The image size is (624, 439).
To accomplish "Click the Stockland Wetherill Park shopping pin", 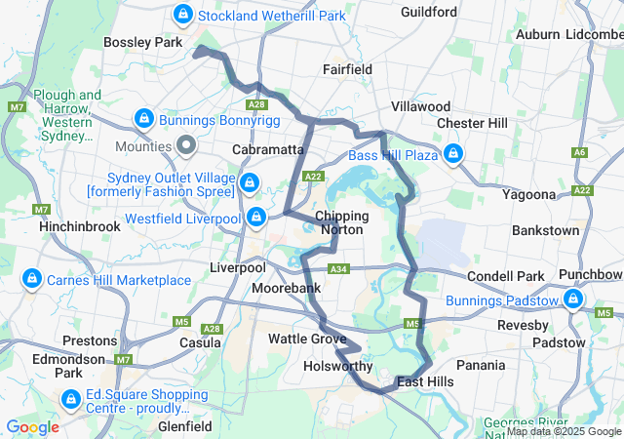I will [182, 14].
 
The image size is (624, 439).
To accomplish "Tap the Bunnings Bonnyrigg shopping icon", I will [143, 119].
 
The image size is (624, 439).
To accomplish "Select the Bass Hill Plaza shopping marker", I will [453, 154].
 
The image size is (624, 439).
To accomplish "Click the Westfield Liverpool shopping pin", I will [255, 216].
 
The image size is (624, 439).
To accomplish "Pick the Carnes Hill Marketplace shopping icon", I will [31, 279].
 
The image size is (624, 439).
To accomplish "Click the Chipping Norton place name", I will [340, 222].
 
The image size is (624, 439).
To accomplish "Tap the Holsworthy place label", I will [337, 367].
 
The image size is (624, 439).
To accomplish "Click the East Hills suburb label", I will [425, 381].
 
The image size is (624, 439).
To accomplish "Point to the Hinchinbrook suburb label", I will [79, 225].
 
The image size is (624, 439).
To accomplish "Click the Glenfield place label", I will [185, 426].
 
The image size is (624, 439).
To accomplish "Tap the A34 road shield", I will [338, 268].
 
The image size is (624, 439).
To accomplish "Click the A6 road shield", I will [580, 152].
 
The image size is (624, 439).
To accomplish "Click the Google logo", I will [32, 427].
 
